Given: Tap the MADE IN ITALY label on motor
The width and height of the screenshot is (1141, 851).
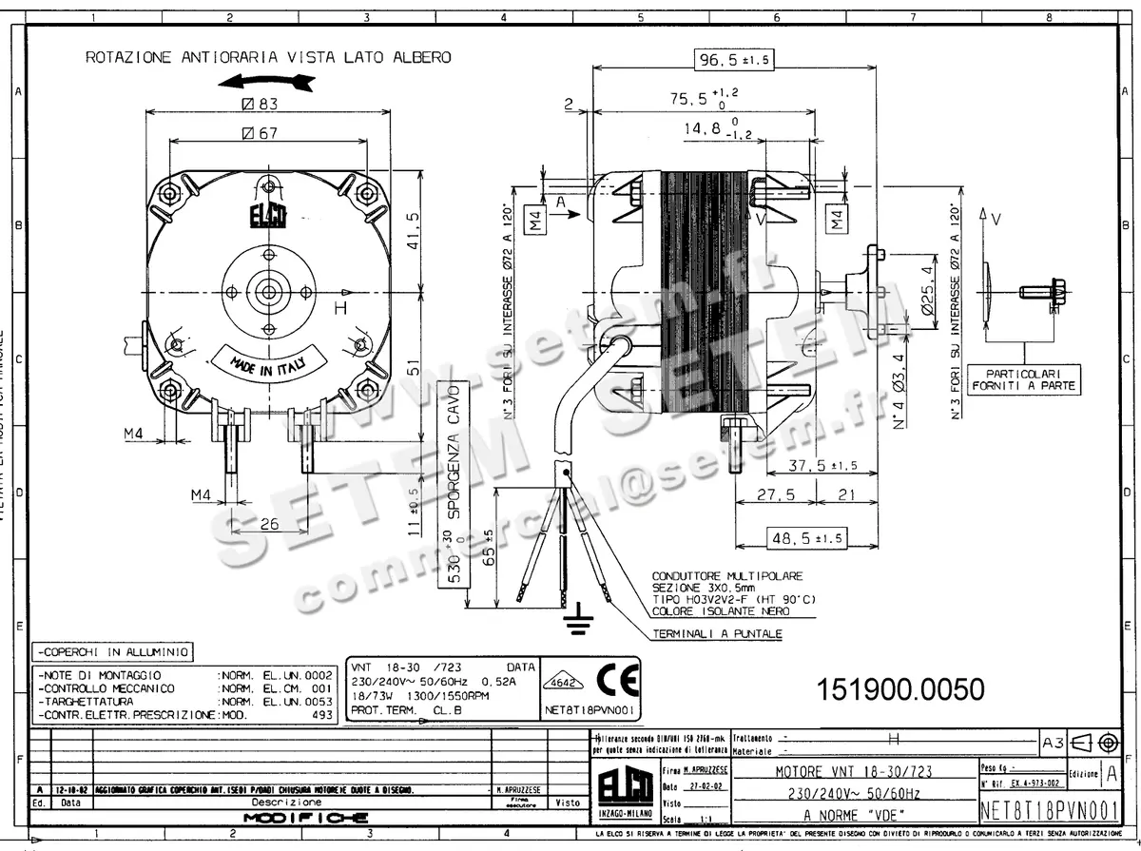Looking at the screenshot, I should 268,362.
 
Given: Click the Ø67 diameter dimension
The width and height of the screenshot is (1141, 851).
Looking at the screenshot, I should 260,133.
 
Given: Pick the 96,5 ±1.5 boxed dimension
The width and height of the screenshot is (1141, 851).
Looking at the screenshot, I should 733,59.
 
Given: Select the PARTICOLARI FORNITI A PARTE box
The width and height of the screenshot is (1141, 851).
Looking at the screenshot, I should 1023,379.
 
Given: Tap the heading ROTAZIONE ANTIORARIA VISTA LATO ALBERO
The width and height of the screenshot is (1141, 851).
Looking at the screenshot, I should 268,57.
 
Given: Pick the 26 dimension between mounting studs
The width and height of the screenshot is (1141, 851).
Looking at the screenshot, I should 269,523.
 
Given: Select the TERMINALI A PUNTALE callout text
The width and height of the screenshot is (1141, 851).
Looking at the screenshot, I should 717,633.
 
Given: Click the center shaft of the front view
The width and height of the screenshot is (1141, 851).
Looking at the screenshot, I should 267,291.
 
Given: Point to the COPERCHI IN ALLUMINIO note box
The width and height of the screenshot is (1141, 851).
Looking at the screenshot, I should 112,652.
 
